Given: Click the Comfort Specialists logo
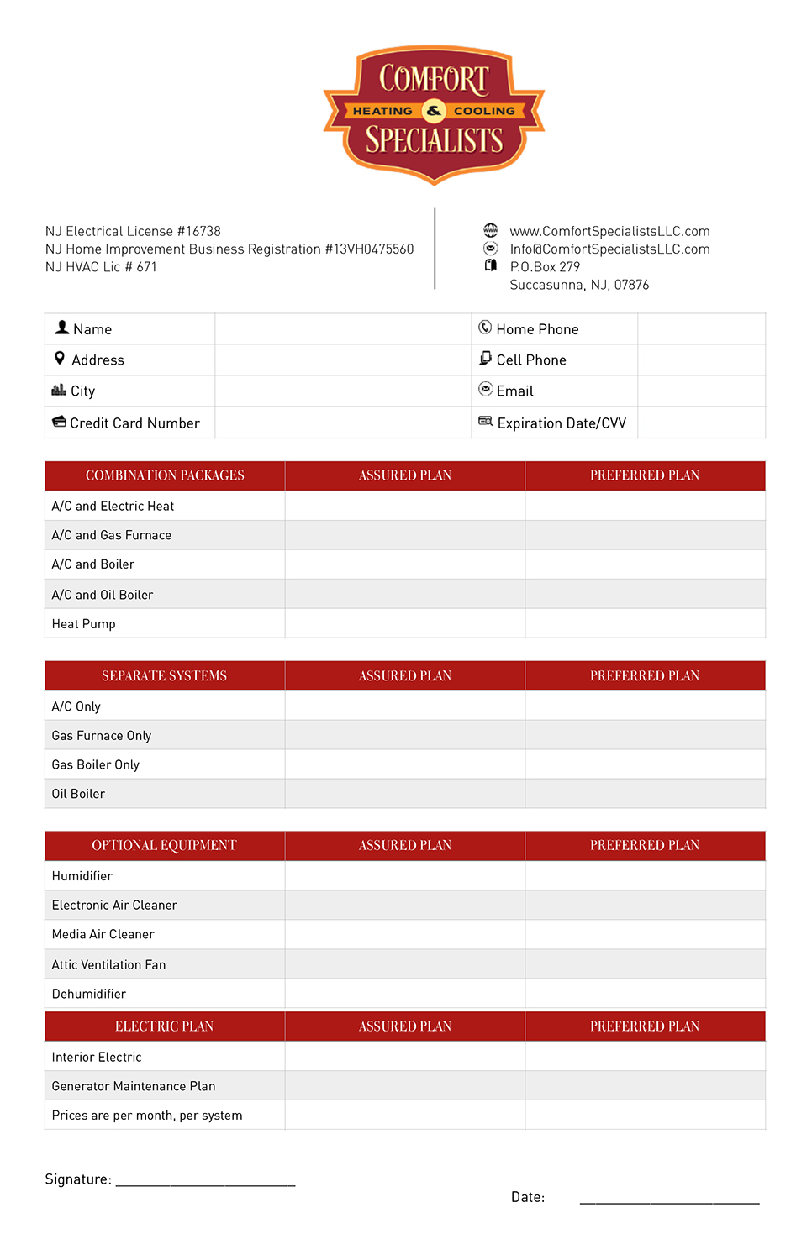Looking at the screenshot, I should pos(434,113).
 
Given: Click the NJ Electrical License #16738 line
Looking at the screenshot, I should pos(133,231).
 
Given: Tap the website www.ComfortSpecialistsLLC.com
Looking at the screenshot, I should pos(609,231).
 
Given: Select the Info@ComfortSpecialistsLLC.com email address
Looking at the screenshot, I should pos(609,249).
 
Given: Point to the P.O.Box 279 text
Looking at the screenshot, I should pos(545,267).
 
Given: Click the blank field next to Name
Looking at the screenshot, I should pos(342,329).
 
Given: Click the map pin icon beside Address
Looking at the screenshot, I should pos(60,359).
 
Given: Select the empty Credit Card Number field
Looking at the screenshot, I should pos(342,423).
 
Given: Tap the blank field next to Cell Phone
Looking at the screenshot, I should pos(701,360).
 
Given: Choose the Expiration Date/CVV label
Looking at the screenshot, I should pos(562,423).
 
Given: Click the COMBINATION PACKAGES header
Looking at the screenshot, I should pos(165,475).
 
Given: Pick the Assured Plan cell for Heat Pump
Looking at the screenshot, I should pos(405,623).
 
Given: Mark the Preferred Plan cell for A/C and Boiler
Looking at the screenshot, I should pos(645,564).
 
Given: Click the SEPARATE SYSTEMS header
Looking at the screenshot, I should pos(165,676).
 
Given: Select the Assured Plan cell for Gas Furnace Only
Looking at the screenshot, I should pos(405,735).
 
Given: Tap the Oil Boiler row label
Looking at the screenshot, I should pos(78,794).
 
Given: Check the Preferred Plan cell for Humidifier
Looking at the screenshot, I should pos(645,875).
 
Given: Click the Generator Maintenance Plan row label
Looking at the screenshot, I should pos(134,1086).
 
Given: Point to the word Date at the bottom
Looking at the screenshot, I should pos(528,1197).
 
